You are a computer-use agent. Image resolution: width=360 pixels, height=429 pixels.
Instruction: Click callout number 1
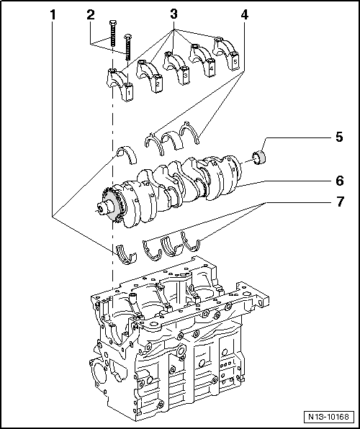pyautogui.click(x=53, y=14)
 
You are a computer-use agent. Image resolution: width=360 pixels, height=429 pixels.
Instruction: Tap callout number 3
pyautogui.click(x=173, y=14)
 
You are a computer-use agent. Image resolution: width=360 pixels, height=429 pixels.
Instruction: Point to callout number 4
pyautogui.click(x=246, y=14)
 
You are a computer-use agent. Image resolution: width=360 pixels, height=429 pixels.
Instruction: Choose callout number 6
pyautogui.click(x=338, y=180)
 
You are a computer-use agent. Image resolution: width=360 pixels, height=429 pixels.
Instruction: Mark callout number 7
pyautogui.click(x=338, y=203)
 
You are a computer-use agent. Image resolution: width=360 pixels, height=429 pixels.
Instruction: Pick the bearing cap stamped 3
pyautogui.click(x=176, y=68)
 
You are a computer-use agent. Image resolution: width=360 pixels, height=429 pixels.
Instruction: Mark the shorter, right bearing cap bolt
pyautogui.click(x=129, y=48)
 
